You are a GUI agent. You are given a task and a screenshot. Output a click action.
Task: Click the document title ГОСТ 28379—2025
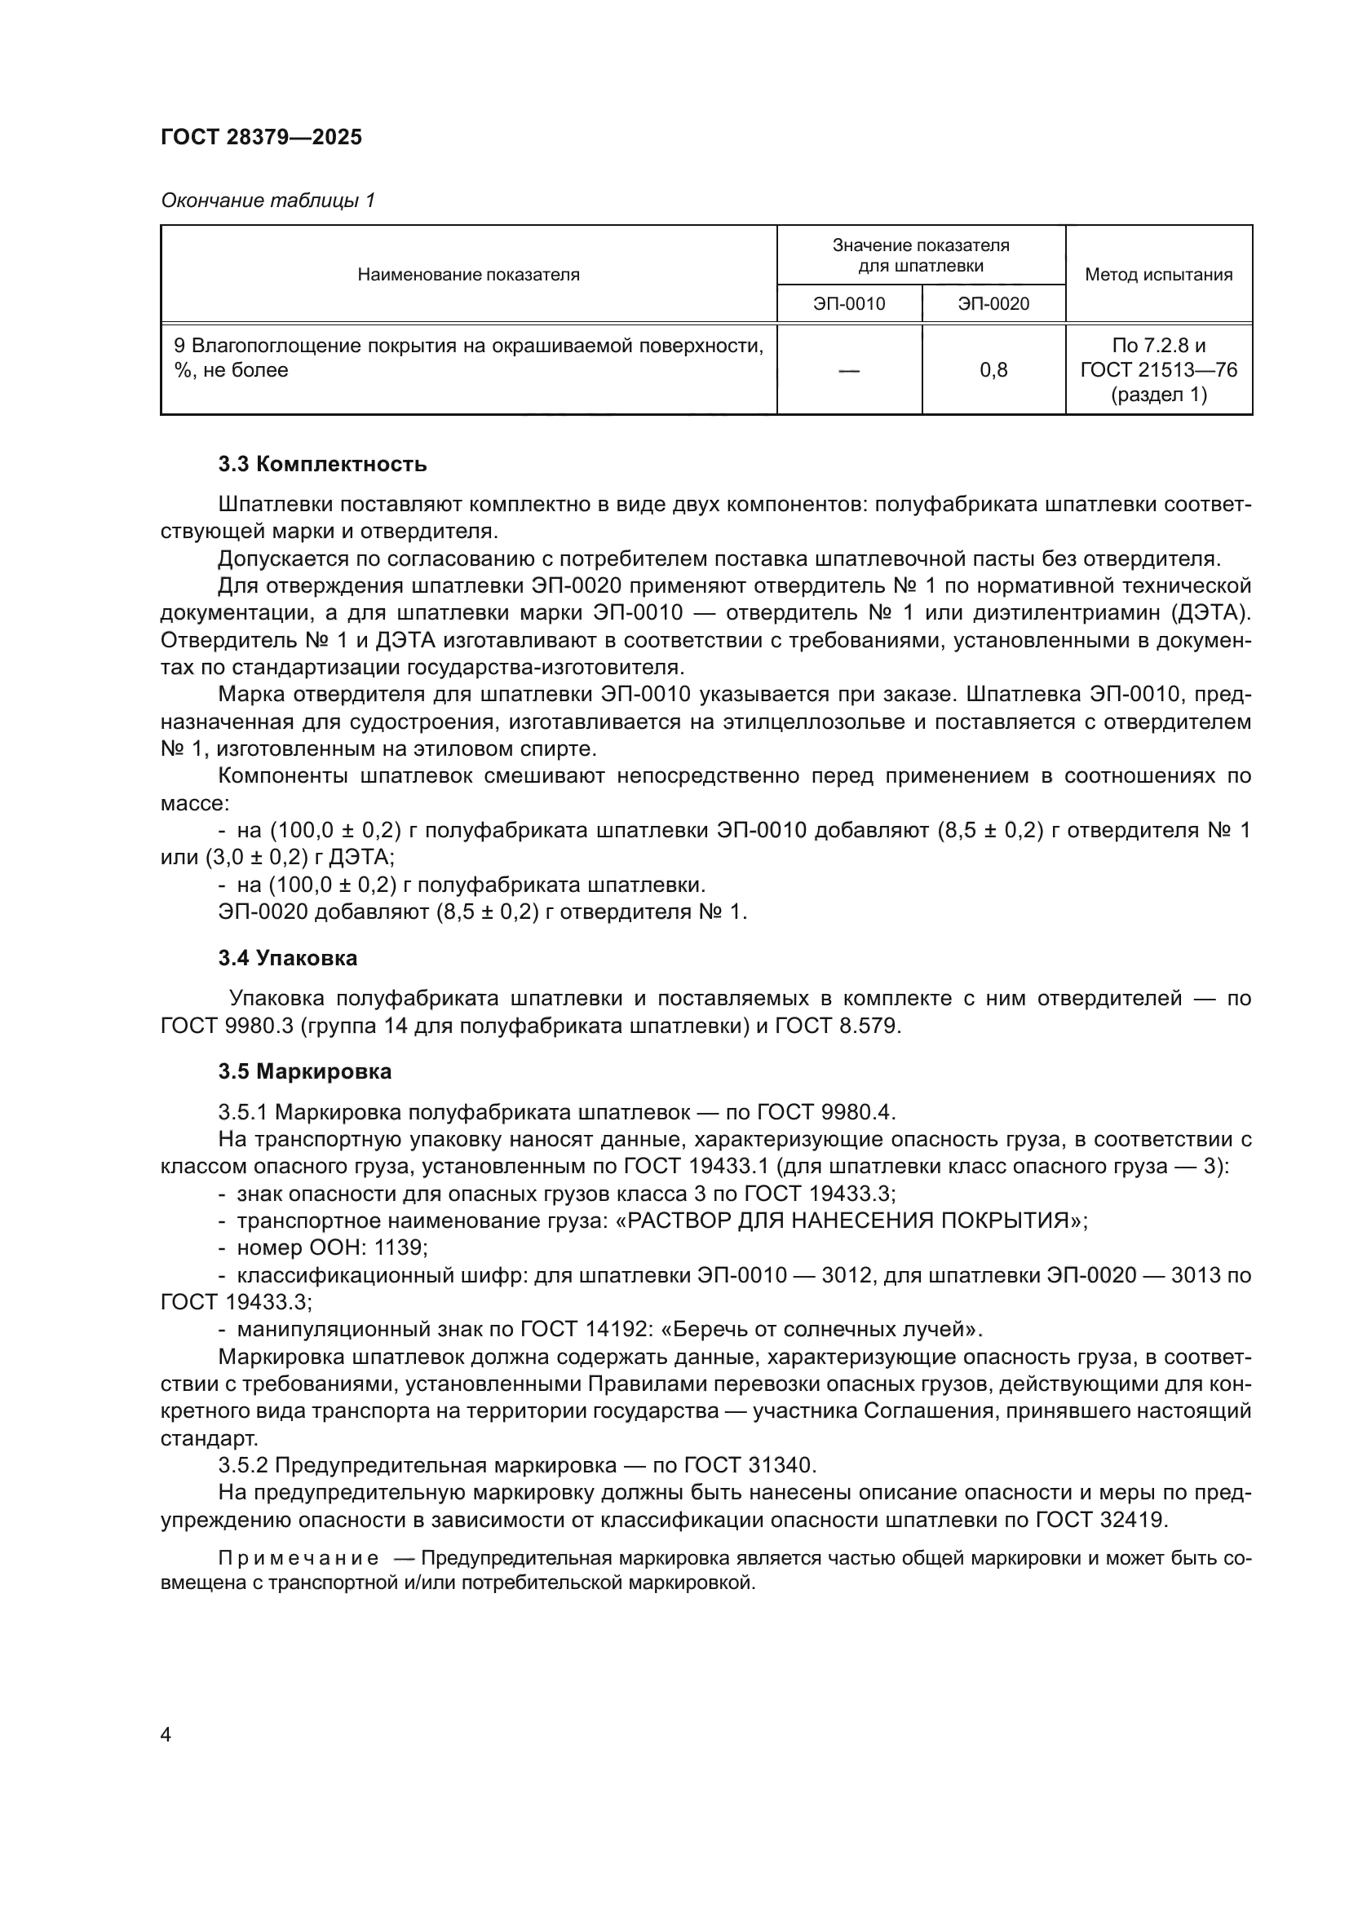tap(262, 137)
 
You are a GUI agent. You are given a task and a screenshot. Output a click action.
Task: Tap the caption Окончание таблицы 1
tap(268, 201)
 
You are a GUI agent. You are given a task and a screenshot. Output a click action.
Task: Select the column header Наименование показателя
tap(468, 275)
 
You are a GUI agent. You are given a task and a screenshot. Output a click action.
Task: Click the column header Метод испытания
tap(1159, 275)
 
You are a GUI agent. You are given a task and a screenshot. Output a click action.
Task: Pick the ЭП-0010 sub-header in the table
tap(849, 304)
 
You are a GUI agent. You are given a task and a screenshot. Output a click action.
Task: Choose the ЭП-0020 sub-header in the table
tap(993, 304)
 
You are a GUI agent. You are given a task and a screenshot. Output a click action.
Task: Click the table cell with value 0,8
tap(993, 370)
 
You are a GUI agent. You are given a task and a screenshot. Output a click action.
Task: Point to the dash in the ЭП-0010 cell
tap(849, 370)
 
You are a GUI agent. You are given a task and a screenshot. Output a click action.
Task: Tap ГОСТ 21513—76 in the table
tap(1159, 370)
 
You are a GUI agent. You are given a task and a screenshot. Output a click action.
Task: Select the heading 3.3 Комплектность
tap(322, 464)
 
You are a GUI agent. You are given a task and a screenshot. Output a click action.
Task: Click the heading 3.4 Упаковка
tap(287, 959)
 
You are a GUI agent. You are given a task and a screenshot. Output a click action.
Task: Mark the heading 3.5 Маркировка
tap(305, 1071)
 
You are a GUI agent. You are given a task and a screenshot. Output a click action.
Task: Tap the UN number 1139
tap(400, 1248)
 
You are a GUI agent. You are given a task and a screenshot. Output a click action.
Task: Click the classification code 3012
tap(846, 1276)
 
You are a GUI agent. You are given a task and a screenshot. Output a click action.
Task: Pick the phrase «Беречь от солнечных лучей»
tap(818, 1330)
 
